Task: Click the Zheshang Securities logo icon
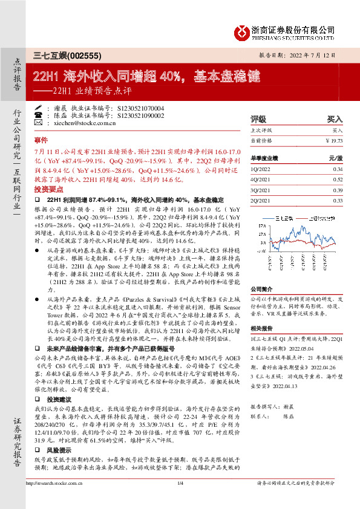point(241,31)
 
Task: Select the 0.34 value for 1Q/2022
point(338,170)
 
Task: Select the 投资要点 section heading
point(48,189)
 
